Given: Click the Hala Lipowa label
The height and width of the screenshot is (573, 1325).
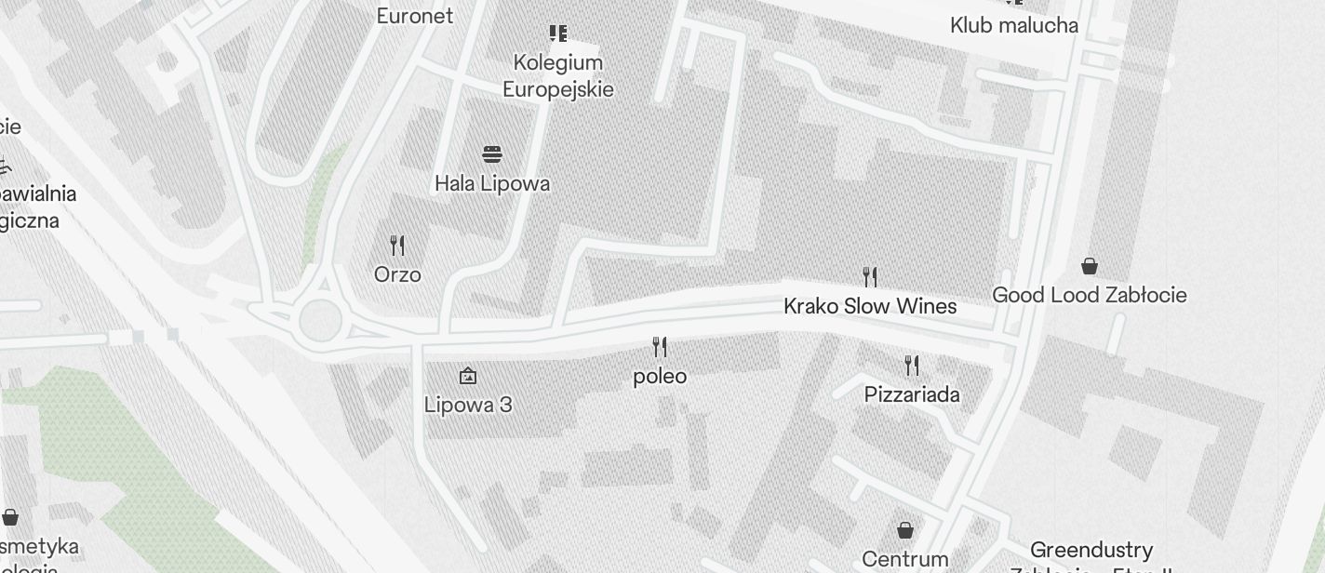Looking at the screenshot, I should pyautogui.click(x=492, y=183).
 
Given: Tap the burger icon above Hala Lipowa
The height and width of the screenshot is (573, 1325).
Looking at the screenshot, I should pyautogui.click(x=492, y=153).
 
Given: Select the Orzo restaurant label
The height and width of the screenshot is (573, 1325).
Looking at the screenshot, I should pyautogui.click(x=397, y=274).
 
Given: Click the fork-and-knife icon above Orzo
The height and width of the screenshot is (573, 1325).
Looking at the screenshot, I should pyautogui.click(x=397, y=246).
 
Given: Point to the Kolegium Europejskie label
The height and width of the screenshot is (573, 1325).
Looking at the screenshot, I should pyautogui.click(x=558, y=75).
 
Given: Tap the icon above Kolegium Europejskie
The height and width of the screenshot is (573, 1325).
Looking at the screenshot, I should pyautogui.click(x=558, y=33).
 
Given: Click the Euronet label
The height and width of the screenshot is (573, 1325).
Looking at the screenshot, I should pyautogui.click(x=415, y=16).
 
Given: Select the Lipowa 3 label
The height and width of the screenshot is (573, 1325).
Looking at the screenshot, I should pyautogui.click(x=468, y=405).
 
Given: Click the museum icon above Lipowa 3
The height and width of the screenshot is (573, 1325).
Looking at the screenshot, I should pyautogui.click(x=468, y=376).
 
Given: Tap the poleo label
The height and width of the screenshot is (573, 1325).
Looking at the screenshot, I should pyautogui.click(x=660, y=376).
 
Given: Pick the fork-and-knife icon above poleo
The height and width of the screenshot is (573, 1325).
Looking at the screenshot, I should pyautogui.click(x=660, y=347).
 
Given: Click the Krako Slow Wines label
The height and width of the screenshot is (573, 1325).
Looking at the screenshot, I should pyautogui.click(x=870, y=306).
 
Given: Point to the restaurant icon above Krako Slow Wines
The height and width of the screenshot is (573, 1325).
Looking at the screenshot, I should pyautogui.click(x=870, y=276).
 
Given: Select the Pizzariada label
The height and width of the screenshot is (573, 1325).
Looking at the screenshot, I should pyautogui.click(x=912, y=394).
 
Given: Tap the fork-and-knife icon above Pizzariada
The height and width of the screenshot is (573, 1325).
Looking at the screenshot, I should pyautogui.click(x=912, y=365).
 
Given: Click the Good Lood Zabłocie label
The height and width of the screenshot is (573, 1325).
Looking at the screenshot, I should pyautogui.click(x=1089, y=295).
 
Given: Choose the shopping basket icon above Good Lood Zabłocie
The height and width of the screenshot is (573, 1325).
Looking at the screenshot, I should pyautogui.click(x=1090, y=266).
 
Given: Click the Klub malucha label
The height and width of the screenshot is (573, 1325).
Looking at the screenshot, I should pyautogui.click(x=1014, y=25).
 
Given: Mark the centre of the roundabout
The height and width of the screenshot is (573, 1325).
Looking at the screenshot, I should pyautogui.click(x=319, y=319).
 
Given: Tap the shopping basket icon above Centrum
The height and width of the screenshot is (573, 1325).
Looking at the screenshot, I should pyautogui.click(x=905, y=530).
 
